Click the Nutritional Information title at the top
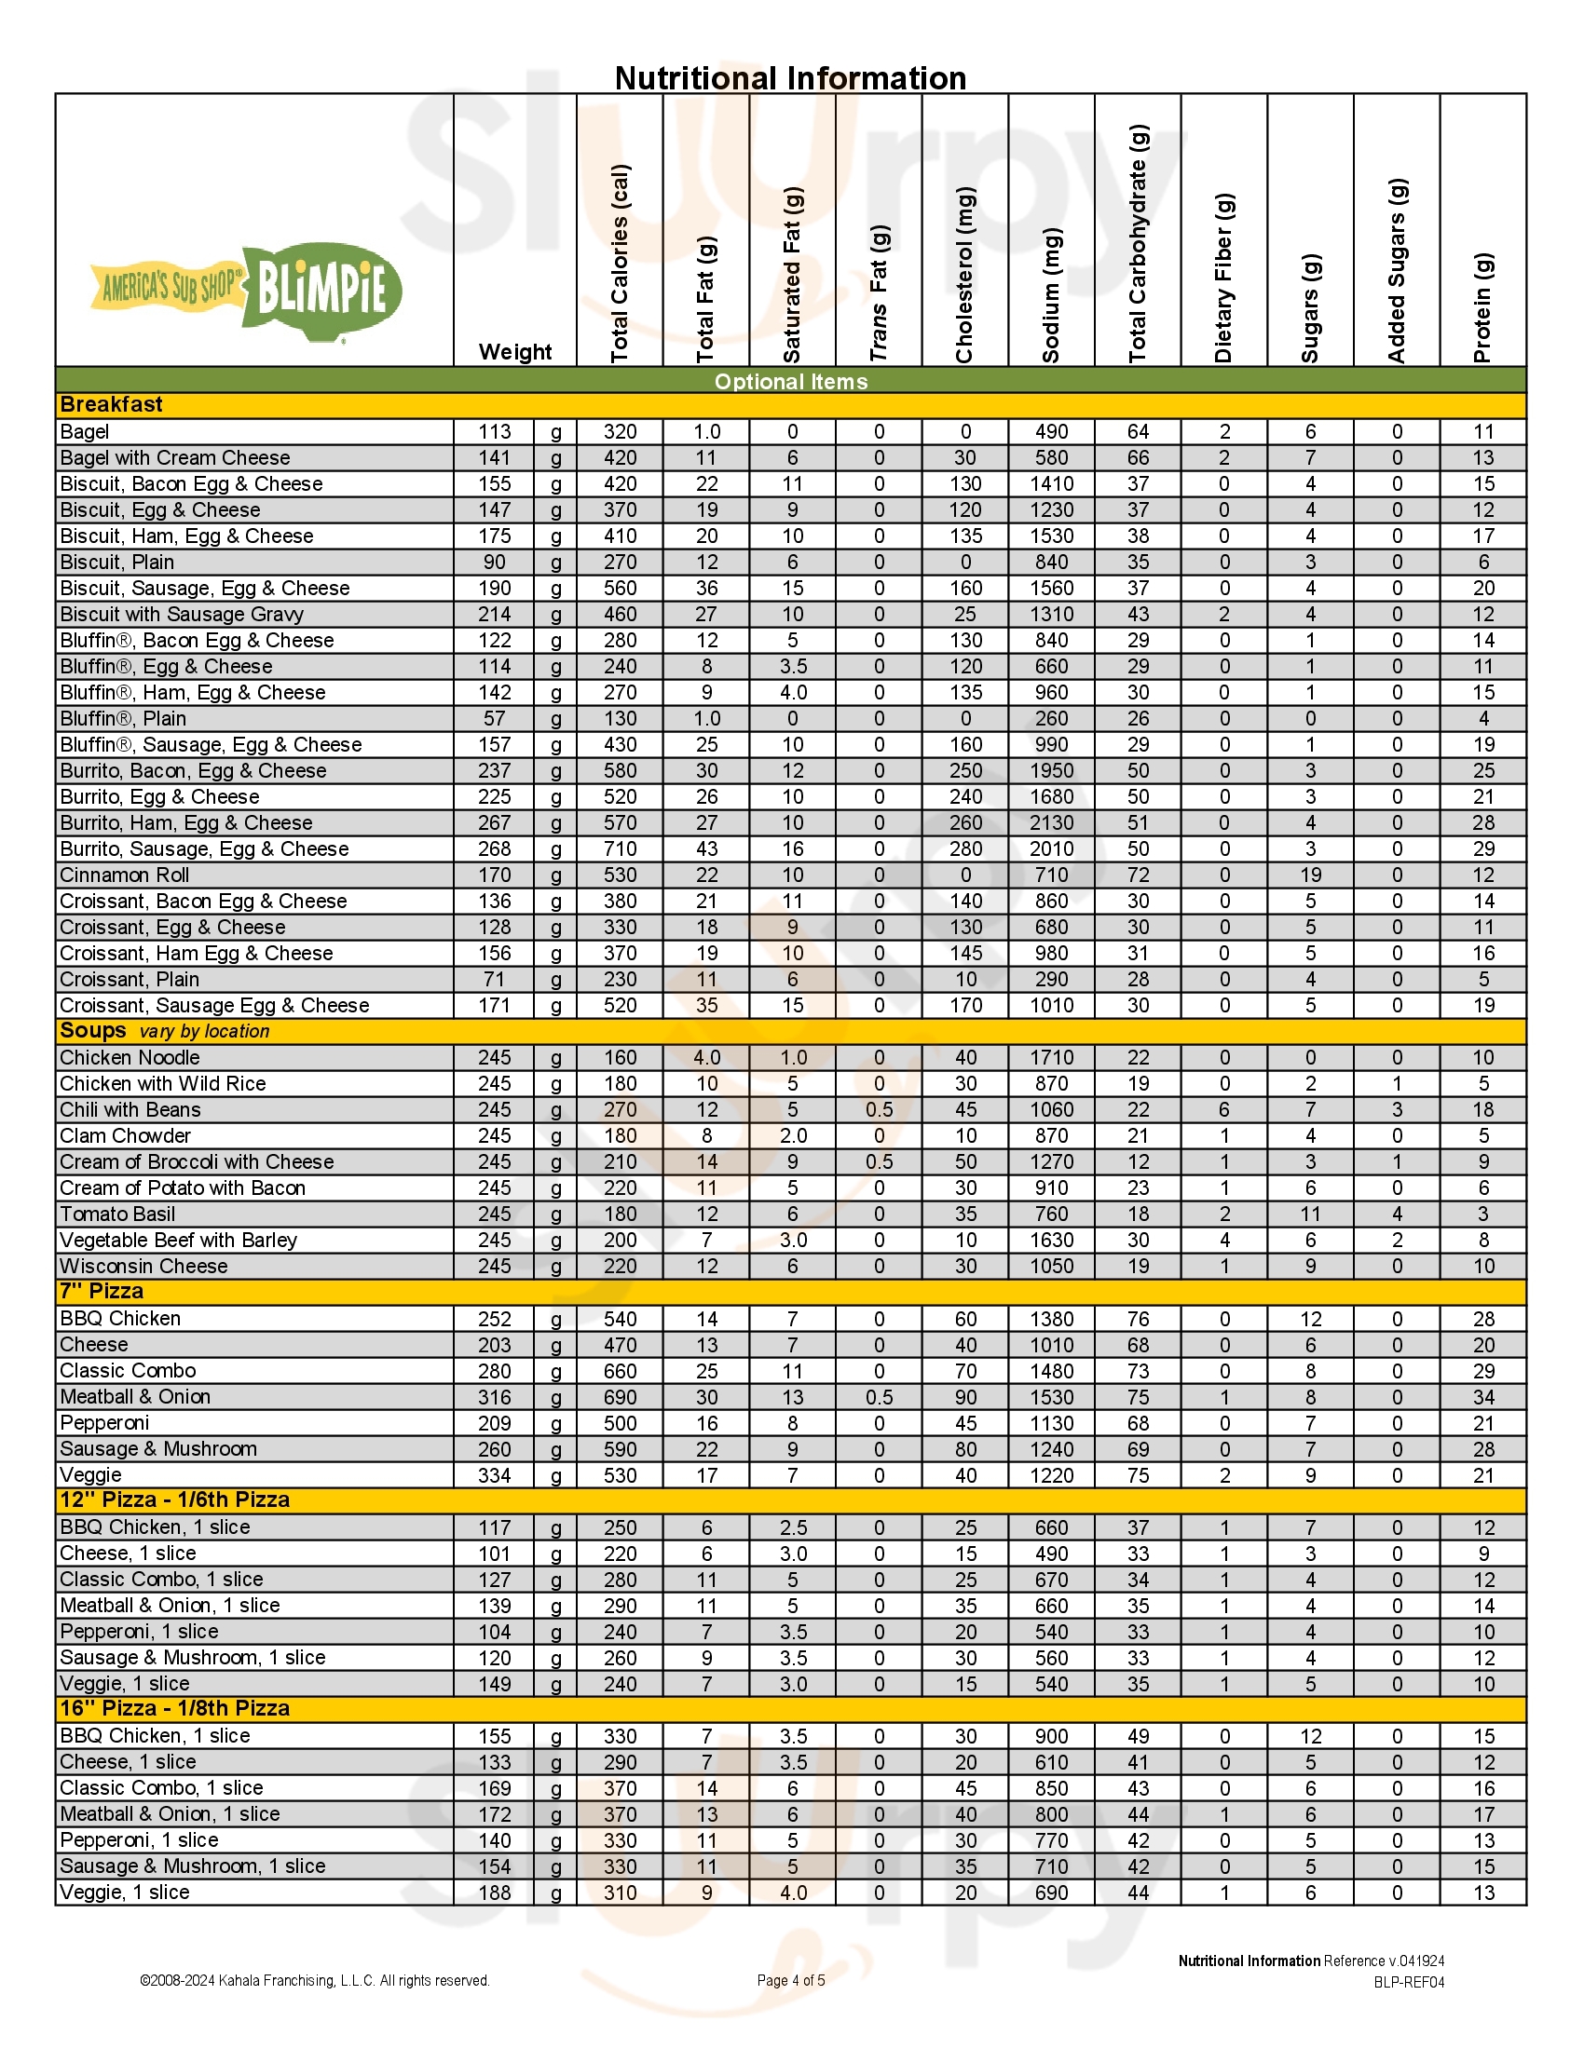790,78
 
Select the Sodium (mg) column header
1052,295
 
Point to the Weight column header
515,352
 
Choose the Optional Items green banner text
790,381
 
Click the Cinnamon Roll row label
124,875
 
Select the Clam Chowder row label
125,1136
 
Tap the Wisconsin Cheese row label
143,1267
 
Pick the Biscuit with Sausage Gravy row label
181,615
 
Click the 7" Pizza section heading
102,1292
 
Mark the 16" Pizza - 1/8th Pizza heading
174,1708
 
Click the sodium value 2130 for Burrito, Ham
1051,822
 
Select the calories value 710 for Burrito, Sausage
620,849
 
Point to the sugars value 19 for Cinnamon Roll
1310,875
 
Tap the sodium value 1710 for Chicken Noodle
1051,1058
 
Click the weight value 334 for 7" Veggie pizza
495,1476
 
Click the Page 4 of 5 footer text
790,1980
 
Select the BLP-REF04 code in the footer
1409,1982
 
